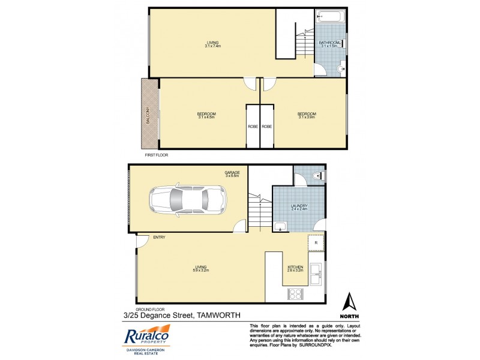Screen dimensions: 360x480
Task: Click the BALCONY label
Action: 148,113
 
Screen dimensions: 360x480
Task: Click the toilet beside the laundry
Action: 318,176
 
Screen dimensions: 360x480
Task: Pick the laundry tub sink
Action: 281,226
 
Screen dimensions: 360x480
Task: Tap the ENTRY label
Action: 159,238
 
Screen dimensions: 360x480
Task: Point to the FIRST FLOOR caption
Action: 157,155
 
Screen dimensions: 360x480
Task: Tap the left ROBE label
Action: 253,127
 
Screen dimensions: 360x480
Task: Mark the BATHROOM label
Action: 331,43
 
